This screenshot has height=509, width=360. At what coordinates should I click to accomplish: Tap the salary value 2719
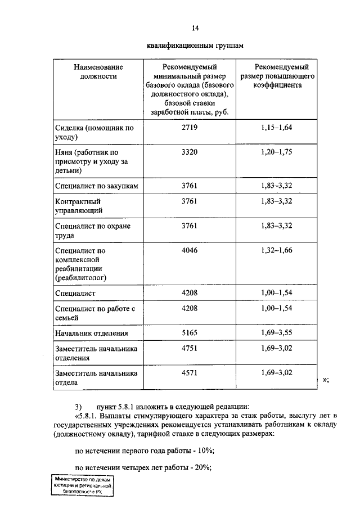coord(189,128)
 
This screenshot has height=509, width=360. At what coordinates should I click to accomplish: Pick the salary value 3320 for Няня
coord(189,152)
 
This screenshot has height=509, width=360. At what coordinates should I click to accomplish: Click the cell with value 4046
coord(189,250)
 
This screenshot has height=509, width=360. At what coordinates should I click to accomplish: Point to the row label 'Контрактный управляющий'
coord(79,206)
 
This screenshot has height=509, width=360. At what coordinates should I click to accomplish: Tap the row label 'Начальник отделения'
coord(91,334)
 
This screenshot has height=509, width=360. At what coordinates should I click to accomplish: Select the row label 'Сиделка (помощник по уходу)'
coord(94,133)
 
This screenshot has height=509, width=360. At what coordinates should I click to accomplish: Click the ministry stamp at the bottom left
coord(82,485)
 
